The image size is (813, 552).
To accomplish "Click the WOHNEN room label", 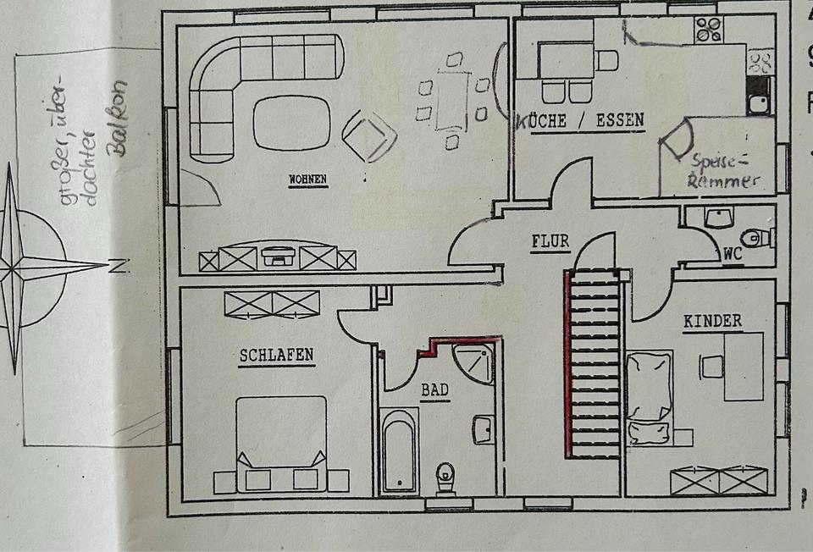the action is click(307, 179).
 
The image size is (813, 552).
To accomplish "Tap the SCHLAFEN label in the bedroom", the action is click(276, 355).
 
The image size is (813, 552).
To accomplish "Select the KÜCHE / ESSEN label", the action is click(580, 121).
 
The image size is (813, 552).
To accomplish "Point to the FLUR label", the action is click(550, 241).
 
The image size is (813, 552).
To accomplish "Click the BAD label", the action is click(434, 390).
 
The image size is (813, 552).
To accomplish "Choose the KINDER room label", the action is click(712, 321).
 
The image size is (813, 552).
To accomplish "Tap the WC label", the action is click(733, 252).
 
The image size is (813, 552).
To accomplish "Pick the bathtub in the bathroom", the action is click(398, 450).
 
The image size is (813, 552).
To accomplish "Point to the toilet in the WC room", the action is click(754, 238).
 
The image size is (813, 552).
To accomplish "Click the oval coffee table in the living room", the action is click(291, 124).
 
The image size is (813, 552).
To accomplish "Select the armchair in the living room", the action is click(369, 135).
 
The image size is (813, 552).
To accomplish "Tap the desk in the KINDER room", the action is click(743, 366).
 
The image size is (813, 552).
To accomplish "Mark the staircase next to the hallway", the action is click(594, 364).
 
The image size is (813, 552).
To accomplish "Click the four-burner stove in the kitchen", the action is click(707, 30).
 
